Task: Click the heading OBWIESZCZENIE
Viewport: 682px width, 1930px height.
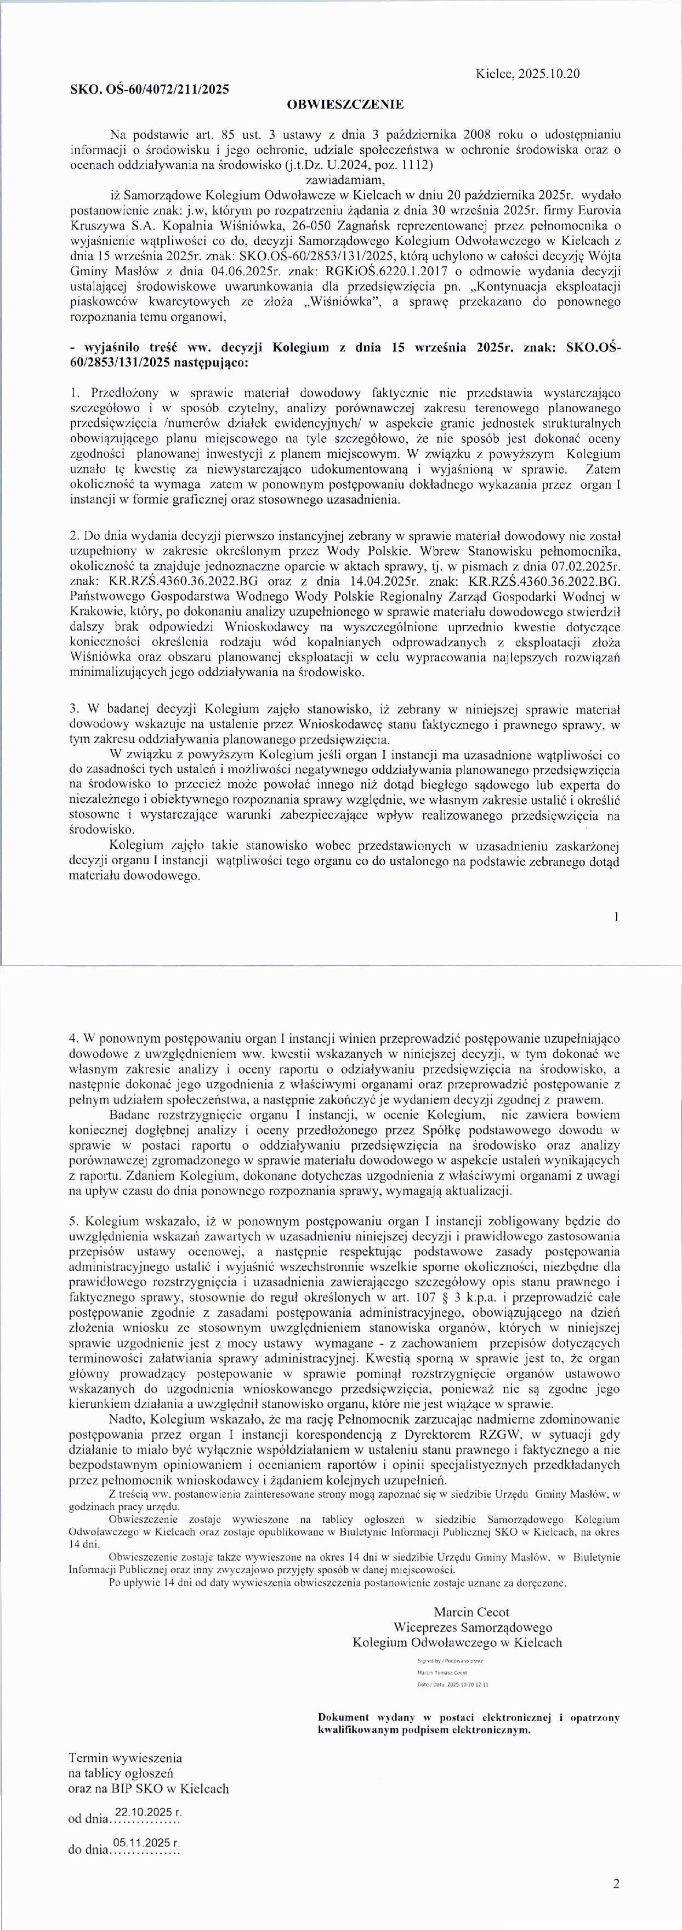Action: coord(345,104)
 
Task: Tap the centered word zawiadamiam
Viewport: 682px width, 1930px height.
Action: coord(345,180)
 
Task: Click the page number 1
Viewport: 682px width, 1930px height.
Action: coord(616,916)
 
